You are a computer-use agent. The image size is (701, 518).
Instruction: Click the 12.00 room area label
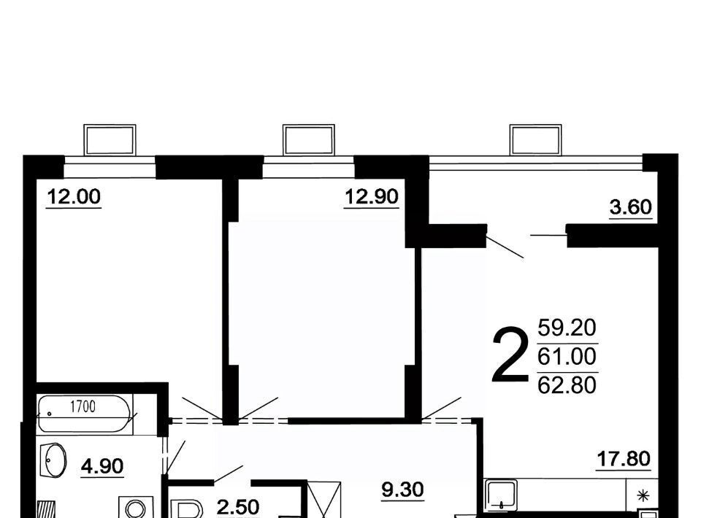click(74, 196)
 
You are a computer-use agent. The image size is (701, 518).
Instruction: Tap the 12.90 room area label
click(372, 196)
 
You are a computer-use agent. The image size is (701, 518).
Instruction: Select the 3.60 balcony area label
click(630, 207)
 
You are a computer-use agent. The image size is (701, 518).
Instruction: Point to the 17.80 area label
click(624, 459)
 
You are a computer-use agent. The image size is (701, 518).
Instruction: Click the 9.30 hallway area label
click(402, 490)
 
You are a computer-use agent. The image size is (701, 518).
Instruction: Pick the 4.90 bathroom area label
click(102, 466)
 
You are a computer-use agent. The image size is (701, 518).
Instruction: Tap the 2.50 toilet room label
click(238, 508)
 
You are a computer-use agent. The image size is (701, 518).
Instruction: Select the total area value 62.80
click(567, 385)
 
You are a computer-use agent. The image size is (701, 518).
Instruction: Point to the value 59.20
click(567, 328)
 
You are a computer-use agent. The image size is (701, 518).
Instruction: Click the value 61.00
click(567, 356)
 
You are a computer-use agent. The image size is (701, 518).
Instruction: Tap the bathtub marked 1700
click(85, 414)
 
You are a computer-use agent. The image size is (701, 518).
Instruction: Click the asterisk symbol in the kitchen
click(643, 495)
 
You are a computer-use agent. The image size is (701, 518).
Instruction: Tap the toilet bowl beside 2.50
click(188, 509)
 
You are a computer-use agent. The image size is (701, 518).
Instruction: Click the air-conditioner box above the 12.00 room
click(110, 140)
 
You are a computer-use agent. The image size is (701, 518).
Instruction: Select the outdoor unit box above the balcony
click(535, 140)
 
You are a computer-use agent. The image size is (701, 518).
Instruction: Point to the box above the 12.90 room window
click(308, 140)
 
